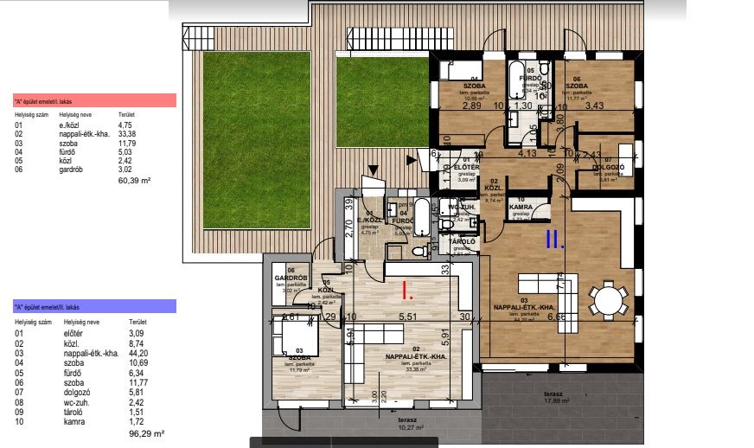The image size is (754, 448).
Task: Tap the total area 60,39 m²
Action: click(134, 181)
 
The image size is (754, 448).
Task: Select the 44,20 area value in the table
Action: click(137, 351)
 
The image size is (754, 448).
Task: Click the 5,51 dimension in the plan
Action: click(407, 317)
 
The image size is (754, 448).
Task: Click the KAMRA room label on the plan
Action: click(521, 208)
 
